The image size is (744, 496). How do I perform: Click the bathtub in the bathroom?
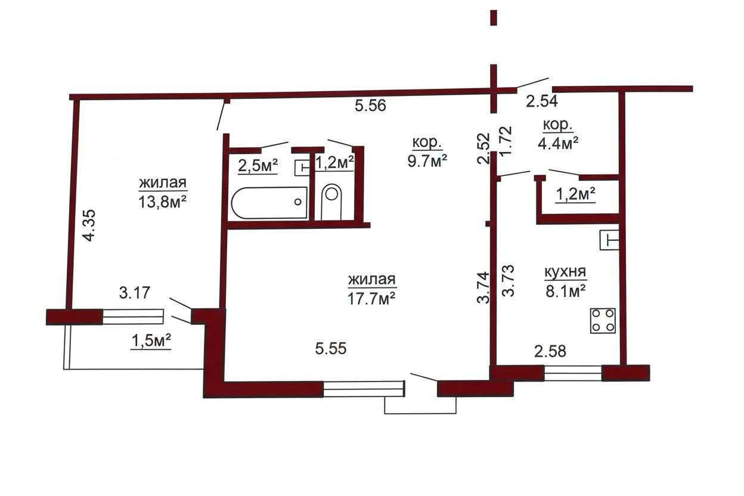[x=269, y=203]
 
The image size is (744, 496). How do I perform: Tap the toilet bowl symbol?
[x=331, y=201]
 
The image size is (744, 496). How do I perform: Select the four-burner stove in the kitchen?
[x=603, y=321]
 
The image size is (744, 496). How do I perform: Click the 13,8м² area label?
[x=162, y=202]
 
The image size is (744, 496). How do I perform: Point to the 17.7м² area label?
[x=371, y=298]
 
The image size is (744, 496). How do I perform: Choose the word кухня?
[x=565, y=272]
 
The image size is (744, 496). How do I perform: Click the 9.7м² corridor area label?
[x=427, y=161]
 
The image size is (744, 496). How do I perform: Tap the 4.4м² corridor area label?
[x=558, y=144]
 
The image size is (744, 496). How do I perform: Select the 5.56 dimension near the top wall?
[x=370, y=106]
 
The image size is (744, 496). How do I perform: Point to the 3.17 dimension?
[x=135, y=293]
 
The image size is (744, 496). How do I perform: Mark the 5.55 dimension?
[x=331, y=349]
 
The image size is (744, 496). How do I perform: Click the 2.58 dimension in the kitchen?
[x=550, y=351]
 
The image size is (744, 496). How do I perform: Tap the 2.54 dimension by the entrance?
[x=542, y=101]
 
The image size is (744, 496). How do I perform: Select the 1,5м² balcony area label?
[x=151, y=341]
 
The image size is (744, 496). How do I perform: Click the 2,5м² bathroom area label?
[x=258, y=166]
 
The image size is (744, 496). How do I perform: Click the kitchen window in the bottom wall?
[x=573, y=373]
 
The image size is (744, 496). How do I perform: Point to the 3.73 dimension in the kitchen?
[x=508, y=281]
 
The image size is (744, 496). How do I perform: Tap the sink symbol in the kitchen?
[x=609, y=240]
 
